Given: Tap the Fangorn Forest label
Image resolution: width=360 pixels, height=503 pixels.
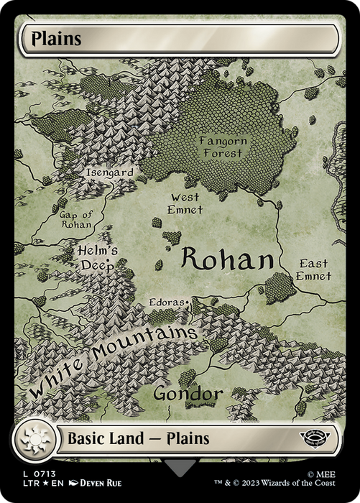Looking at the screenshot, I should tap(223, 147).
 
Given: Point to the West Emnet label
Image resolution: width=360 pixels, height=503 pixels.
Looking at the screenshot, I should tap(186, 203).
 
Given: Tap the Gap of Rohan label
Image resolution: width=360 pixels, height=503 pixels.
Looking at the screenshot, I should tap(75, 220).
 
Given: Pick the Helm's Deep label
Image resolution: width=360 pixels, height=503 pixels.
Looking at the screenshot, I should tap(98, 257).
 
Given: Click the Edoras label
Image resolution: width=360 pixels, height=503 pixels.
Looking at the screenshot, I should tap(166, 303).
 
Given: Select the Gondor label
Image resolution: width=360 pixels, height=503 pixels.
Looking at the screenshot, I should tap(188, 394).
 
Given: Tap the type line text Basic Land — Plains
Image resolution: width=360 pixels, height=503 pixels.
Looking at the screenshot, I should tap(138, 438).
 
